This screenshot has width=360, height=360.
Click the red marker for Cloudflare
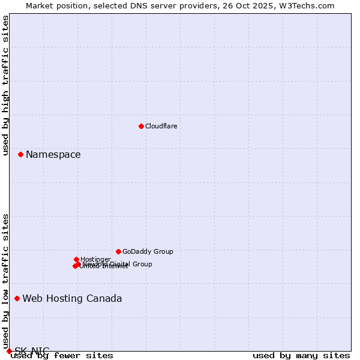[141, 126]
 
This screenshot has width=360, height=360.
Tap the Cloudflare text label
[161, 126]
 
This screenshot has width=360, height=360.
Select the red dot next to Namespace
[20, 154]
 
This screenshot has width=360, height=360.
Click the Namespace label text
[53, 155]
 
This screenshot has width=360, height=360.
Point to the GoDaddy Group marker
[118, 251]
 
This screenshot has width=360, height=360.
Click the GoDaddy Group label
[148, 252]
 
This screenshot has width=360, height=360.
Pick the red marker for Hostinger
[76, 259]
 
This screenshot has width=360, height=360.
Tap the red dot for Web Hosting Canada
[17, 298]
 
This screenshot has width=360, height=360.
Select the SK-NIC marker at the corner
[9, 351]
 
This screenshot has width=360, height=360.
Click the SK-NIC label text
[32, 351]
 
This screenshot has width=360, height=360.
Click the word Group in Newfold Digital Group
[142, 264]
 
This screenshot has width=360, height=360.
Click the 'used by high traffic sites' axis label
[6, 85]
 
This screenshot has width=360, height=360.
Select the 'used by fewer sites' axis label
[62, 356]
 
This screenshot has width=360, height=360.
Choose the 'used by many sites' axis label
[301, 356]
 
